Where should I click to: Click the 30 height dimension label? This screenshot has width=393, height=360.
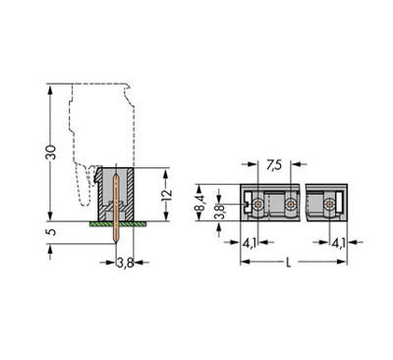tap(51, 152)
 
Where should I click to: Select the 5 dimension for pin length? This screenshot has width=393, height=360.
tap(52, 233)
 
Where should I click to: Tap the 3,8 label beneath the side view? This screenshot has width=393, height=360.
tap(125, 263)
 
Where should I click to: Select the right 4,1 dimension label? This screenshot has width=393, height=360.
tap(338, 241)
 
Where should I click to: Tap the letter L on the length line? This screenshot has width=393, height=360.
tap(287, 263)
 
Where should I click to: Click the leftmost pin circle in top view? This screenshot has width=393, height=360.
tap(257, 204)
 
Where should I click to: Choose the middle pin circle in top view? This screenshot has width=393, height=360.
tap(290, 204)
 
